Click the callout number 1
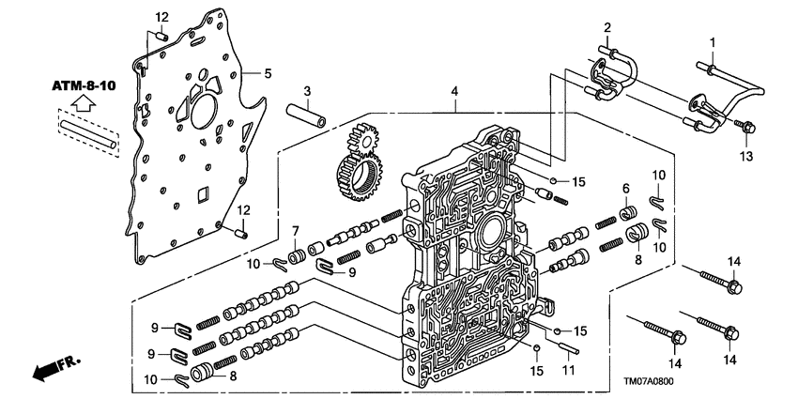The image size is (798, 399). coord(712,42)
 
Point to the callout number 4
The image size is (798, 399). coord(455,92)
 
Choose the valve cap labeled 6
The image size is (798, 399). coord(632,216)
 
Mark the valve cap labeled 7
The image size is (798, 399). coord(295,255)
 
